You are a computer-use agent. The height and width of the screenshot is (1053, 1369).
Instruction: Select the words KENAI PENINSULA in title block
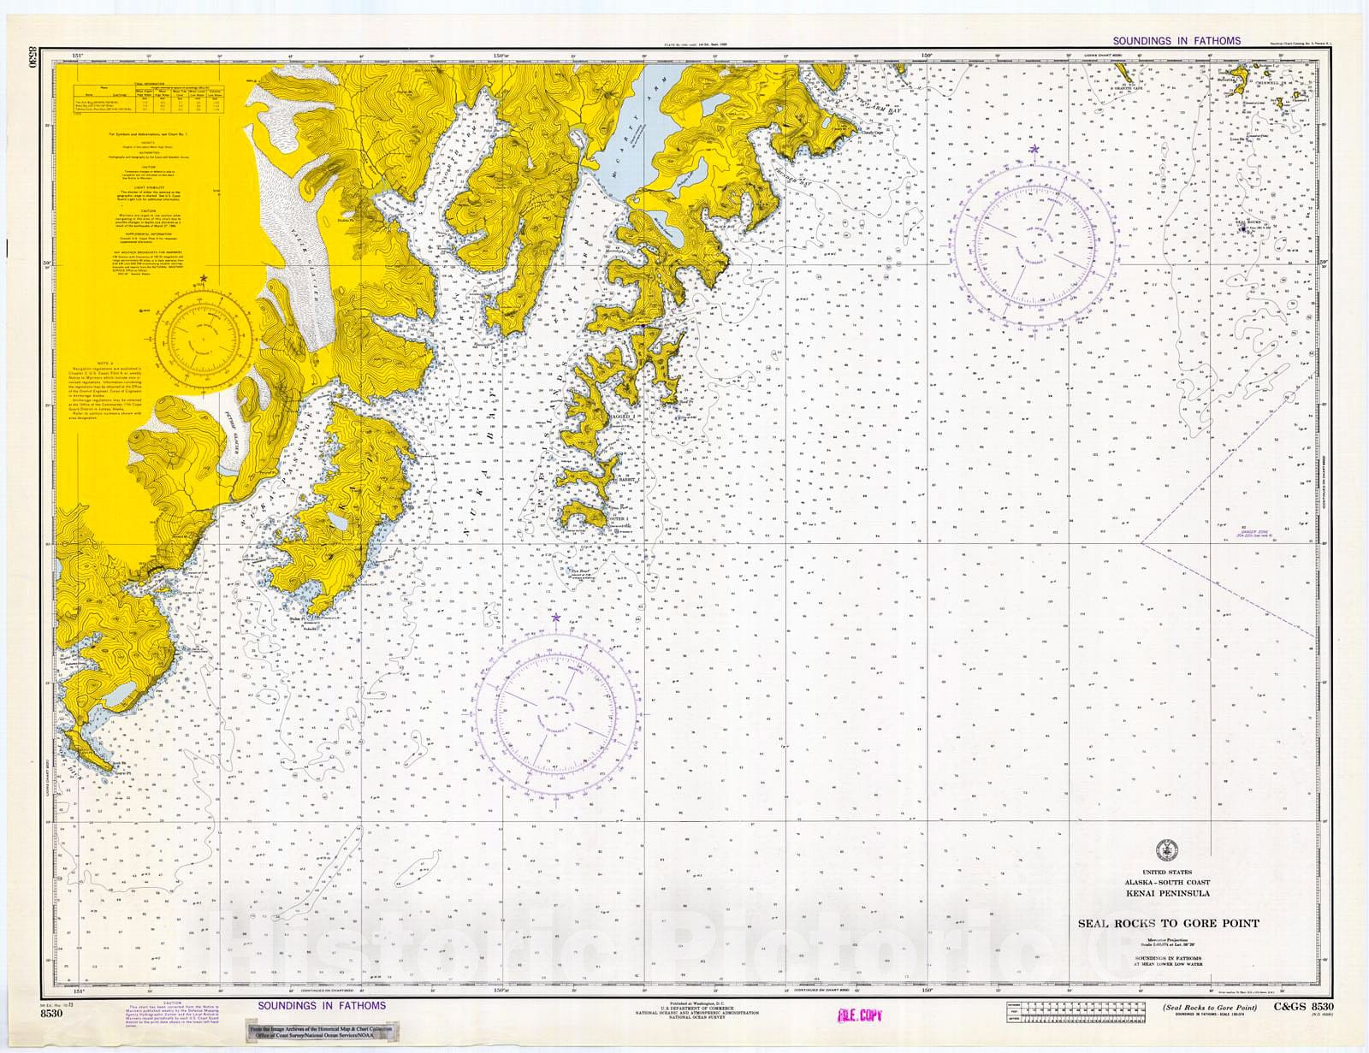1167,893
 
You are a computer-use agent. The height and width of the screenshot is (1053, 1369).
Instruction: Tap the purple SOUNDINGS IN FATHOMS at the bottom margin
322,1005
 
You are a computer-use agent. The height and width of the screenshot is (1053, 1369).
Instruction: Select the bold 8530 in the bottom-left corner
51,1013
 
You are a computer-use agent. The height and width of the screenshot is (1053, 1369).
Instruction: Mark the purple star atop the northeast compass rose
1034,150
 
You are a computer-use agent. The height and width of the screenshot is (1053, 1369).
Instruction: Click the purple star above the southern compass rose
556,617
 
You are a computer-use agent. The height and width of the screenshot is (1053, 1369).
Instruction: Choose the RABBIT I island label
626,480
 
